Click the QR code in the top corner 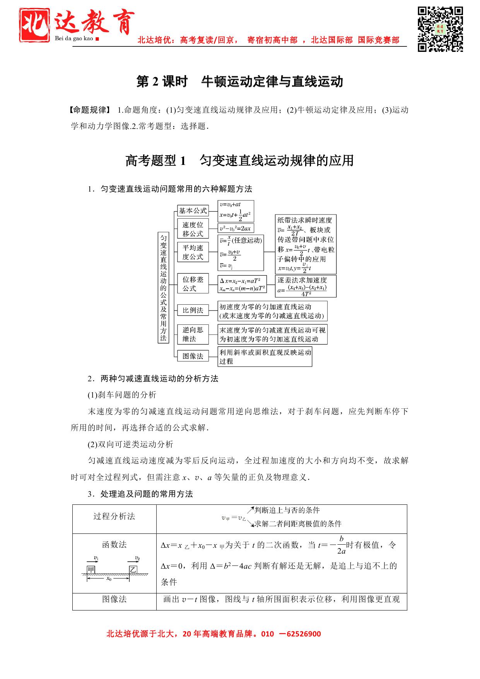440,29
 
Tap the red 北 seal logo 35,24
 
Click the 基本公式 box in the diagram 193,211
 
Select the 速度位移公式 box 193,229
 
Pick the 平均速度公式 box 193,252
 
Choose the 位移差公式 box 193,284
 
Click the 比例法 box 193,310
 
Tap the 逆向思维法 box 193,334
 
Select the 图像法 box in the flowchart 193,356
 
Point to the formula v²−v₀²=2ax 236,228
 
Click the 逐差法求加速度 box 306,286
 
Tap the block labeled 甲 91,569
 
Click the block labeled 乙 133,569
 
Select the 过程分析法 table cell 114,516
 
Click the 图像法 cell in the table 114,599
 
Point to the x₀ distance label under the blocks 109,579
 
